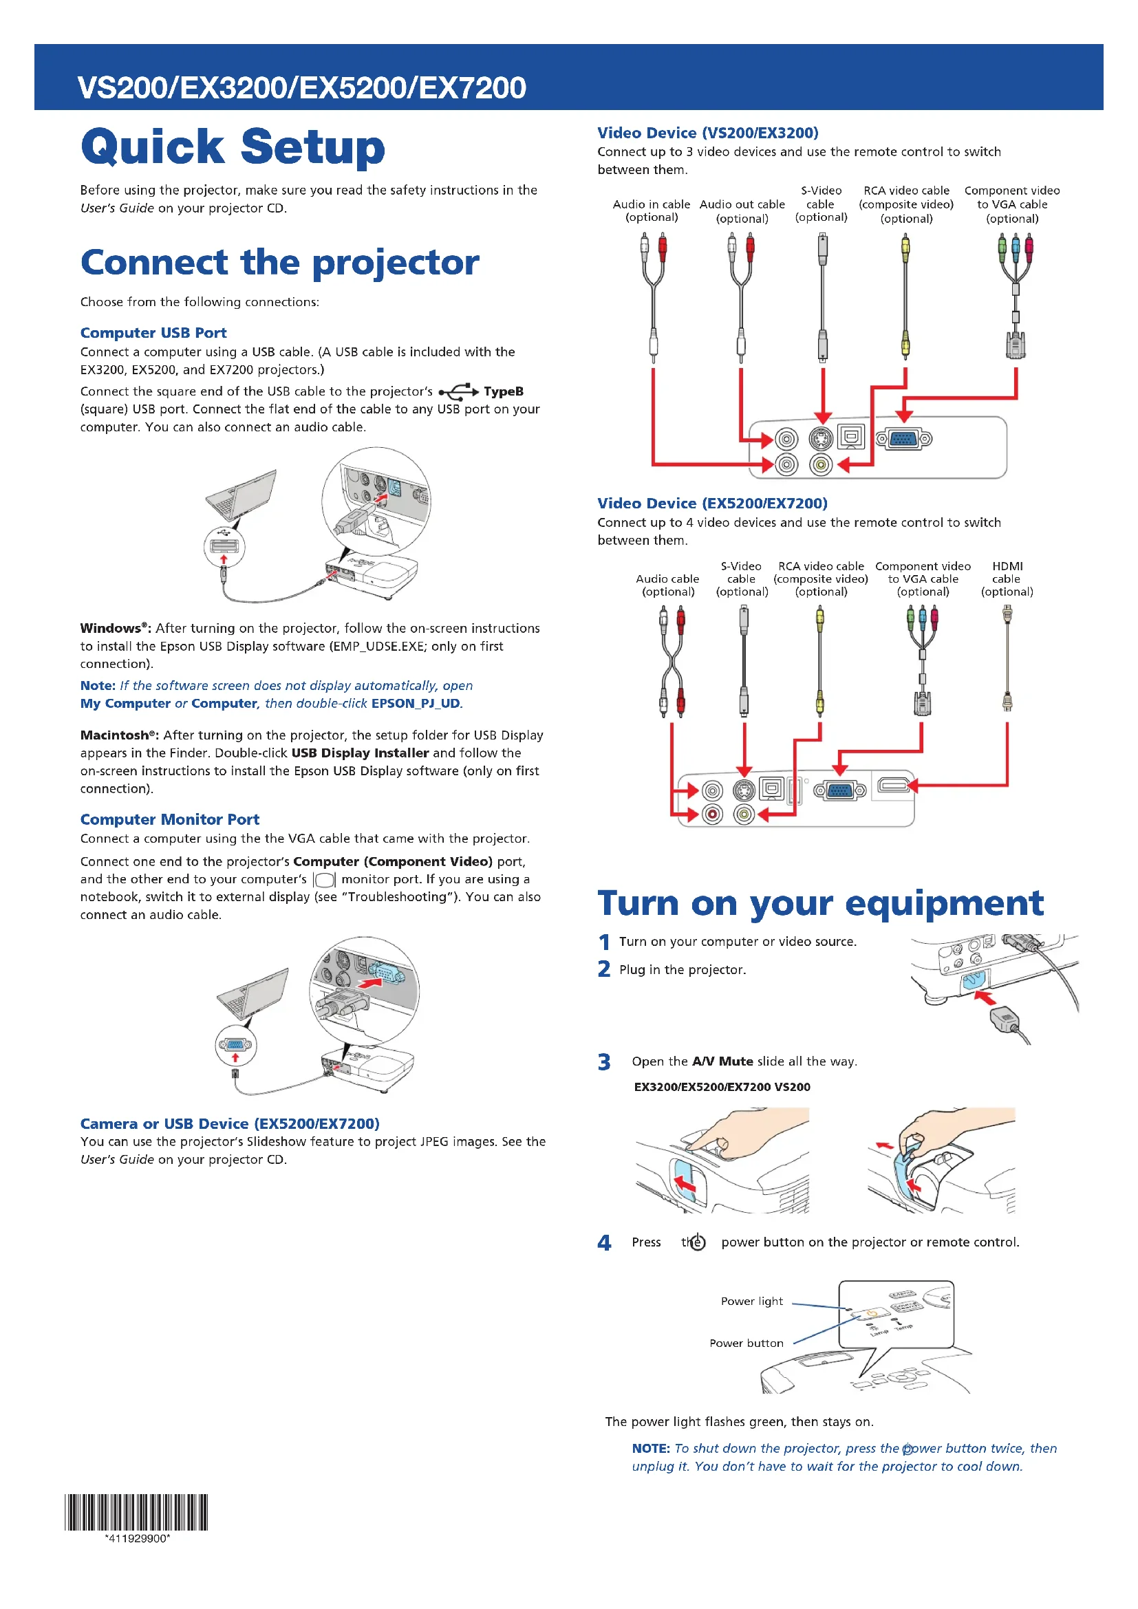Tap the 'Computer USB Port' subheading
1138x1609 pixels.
(x=153, y=333)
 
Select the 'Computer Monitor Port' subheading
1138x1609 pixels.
(x=169, y=819)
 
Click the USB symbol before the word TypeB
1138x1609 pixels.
(x=458, y=391)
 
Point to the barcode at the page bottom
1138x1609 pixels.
(x=137, y=1512)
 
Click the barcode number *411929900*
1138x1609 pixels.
(x=138, y=1539)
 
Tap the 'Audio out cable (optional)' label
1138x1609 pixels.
(x=742, y=211)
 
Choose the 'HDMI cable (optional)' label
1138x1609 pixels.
(x=1007, y=579)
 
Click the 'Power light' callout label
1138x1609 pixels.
(x=752, y=1302)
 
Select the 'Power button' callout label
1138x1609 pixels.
(x=747, y=1343)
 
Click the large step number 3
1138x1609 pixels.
(x=604, y=1062)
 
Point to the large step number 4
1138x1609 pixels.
(x=604, y=1243)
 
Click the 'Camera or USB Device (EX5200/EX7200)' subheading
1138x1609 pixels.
(x=230, y=1124)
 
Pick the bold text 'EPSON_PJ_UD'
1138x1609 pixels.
(x=416, y=704)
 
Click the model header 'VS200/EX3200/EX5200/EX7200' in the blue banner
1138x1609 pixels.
(x=302, y=87)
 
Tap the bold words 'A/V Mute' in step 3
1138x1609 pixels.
(x=722, y=1061)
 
